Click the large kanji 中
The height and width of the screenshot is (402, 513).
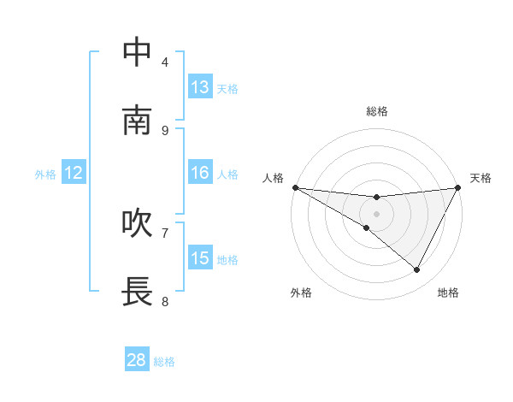point(137,52)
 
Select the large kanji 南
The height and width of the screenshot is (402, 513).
point(137,121)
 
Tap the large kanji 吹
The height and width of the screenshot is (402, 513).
point(137,223)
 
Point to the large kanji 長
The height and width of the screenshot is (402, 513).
point(137,292)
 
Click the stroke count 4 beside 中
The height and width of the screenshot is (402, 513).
point(165,62)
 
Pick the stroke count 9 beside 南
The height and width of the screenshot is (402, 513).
point(165,130)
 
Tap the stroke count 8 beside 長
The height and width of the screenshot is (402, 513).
point(165,301)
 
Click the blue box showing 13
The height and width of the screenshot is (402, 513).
point(200,87)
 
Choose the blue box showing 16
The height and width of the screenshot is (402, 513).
point(200,173)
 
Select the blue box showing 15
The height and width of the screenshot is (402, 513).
point(200,258)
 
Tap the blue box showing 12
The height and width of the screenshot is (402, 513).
point(74,173)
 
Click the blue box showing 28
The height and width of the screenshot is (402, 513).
point(137,360)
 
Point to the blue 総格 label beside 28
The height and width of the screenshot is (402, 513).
point(165,362)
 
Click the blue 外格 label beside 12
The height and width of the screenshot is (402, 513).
point(45,174)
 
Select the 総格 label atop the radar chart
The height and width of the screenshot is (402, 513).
point(376,111)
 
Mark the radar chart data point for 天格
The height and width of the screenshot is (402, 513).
point(458,187)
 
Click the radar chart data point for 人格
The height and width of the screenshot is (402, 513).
point(295,187)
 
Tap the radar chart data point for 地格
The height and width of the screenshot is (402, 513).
point(417,270)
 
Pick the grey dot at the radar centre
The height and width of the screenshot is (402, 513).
point(376,214)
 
